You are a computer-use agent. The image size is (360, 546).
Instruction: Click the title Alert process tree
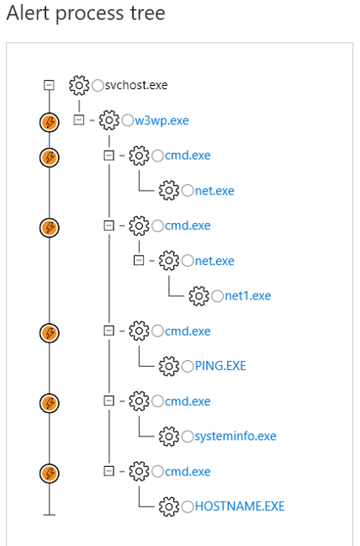point(85,13)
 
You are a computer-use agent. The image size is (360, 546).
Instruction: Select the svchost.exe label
point(136,85)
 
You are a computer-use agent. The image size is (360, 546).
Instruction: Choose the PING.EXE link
point(220,366)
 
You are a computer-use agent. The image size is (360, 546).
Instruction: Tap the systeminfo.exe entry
point(235,436)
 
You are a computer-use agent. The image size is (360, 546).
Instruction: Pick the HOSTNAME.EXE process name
point(240,506)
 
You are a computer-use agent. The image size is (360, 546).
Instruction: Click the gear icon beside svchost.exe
point(78,85)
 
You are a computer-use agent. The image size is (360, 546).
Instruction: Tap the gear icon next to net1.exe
point(199,295)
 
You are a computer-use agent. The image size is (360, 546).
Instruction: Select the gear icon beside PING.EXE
point(169,366)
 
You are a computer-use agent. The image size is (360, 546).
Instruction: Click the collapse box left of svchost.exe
point(49,85)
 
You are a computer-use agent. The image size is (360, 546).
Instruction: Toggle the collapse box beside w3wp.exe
point(79,120)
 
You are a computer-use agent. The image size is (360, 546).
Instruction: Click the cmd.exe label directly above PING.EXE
point(188,331)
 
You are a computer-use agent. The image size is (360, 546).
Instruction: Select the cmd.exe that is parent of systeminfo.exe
point(188,401)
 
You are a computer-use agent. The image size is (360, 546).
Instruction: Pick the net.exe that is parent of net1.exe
point(214,261)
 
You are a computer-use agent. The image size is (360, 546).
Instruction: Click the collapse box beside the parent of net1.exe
point(139,261)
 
